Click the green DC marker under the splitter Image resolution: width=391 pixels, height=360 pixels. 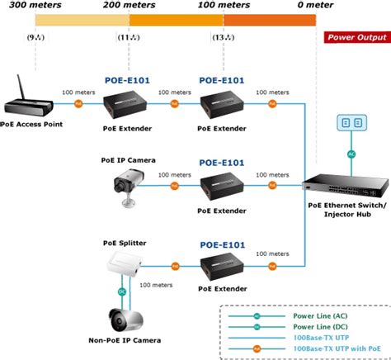click(121, 291)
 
